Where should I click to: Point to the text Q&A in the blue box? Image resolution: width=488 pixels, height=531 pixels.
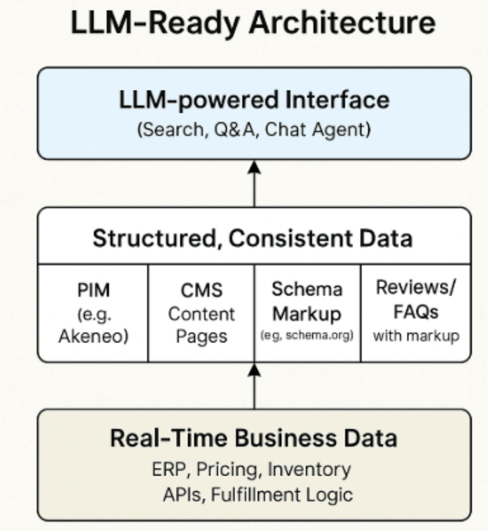coord(234,129)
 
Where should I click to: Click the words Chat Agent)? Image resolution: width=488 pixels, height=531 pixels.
coord(318,130)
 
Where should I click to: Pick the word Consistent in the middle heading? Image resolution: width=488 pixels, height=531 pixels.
coord(291,238)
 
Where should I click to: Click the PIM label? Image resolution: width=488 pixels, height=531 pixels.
coord(94,290)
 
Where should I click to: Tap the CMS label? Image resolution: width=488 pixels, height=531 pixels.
coord(202,290)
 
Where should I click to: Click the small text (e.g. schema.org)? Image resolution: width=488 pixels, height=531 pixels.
coord(307,335)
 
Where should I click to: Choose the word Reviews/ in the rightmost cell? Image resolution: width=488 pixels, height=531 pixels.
coord(416,287)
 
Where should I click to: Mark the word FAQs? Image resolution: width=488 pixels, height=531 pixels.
coord(416,312)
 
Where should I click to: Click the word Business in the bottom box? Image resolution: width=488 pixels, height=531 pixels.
coord(286,438)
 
